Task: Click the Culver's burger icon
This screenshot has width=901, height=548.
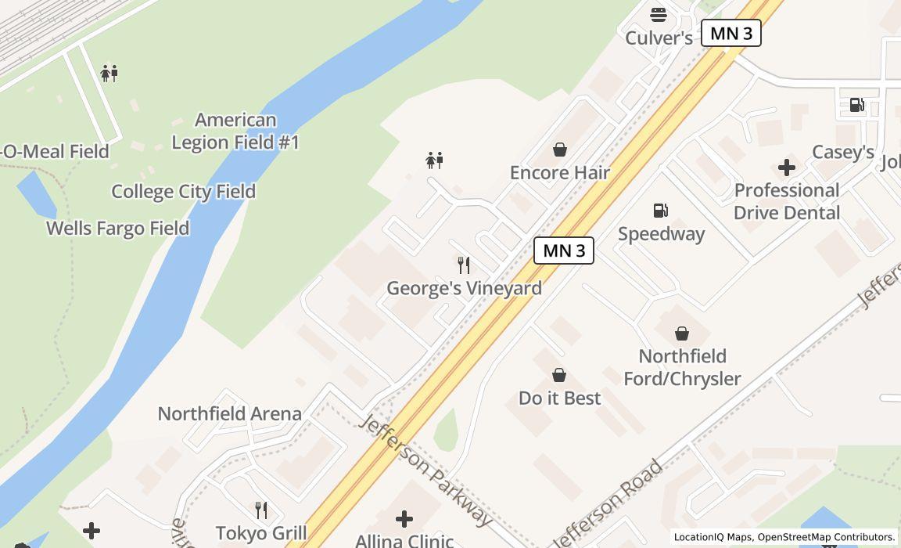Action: click(x=659, y=14)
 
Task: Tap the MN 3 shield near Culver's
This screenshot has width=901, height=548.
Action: click(x=731, y=33)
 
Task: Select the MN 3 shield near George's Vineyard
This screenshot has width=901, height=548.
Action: click(x=564, y=251)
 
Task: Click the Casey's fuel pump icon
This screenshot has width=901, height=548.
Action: click(x=857, y=105)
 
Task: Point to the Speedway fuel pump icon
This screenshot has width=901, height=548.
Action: click(x=661, y=210)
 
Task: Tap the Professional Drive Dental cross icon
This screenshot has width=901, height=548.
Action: click(x=787, y=167)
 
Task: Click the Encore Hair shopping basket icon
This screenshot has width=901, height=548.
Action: click(x=560, y=149)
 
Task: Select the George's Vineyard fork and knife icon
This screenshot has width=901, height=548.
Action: click(x=464, y=265)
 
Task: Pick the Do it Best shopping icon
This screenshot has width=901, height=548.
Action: click(x=559, y=375)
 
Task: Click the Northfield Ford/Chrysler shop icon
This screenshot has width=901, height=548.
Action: click(x=682, y=333)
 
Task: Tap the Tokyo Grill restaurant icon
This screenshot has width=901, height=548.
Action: click(x=261, y=510)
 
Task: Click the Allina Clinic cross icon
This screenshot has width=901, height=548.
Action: click(x=404, y=518)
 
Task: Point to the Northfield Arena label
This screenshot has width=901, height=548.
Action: click(x=230, y=413)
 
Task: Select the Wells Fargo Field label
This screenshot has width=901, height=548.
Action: click(x=118, y=228)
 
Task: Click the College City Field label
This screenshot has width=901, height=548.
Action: click(x=184, y=191)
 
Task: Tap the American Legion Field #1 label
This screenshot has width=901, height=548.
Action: click(x=235, y=131)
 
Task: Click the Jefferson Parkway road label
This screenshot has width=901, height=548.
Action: click(x=426, y=470)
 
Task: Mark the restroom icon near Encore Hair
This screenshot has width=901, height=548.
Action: click(x=435, y=160)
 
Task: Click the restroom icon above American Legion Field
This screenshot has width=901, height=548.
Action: click(x=109, y=74)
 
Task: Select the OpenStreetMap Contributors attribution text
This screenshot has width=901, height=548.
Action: click(x=826, y=537)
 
